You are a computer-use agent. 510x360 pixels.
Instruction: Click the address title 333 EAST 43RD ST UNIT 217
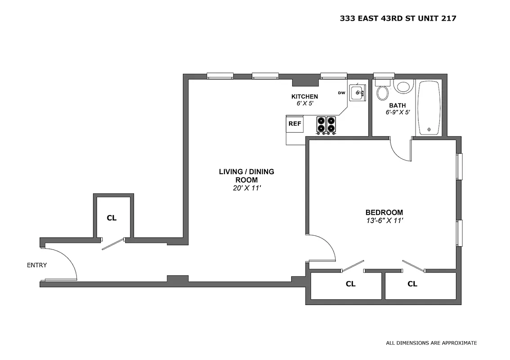pyautogui.click(x=399, y=18)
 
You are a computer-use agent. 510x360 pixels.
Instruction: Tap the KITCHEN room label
pyautogui.click(x=304, y=96)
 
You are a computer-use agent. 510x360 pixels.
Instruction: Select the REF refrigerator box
pyautogui.click(x=295, y=123)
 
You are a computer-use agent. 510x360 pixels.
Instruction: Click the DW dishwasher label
pyautogui.click(x=341, y=93)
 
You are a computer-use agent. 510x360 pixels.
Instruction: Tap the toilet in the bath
pyautogui.click(x=383, y=93)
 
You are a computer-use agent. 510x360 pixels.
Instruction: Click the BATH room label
pyautogui.click(x=398, y=105)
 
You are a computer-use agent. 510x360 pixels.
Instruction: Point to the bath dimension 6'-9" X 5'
pyautogui.click(x=398, y=112)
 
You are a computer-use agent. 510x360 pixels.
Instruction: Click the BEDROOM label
pyautogui.click(x=384, y=212)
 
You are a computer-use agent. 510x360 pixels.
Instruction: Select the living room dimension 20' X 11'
pyautogui.click(x=246, y=188)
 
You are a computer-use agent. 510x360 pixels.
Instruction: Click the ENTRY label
pyautogui.click(x=37, y=265)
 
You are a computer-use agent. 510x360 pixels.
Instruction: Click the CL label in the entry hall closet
pyautogui.click(x=112, y=218)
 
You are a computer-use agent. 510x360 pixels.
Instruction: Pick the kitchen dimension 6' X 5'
pyautogui.click(x=304, y=103)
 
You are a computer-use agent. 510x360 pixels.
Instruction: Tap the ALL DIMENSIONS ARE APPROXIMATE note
pyautogui.click(x=431, y=343)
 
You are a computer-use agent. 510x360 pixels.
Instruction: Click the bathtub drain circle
pyautogui.click(x=429, y=129)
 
